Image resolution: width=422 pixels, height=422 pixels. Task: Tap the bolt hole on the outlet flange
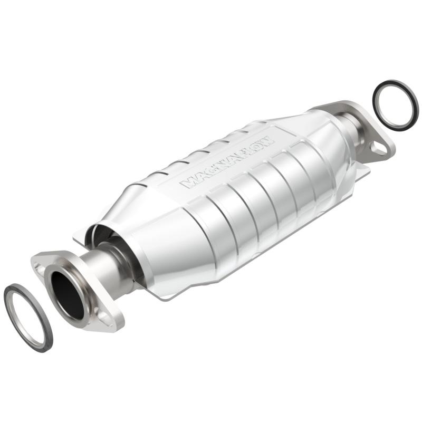pyautogui.click(x=379, y=149)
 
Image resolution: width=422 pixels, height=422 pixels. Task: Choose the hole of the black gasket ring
pyautogui.click(x=396, y=105)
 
